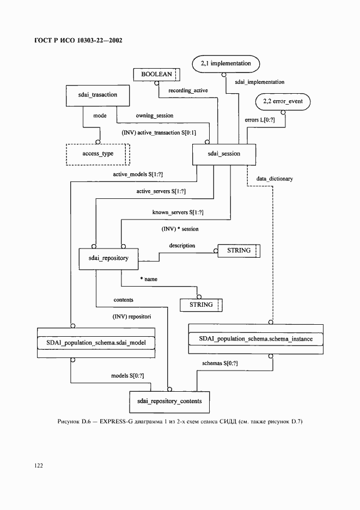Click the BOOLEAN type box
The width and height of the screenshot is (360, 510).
[x=157, y=74]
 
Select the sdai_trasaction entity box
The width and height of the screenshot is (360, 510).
[x=97, y=95]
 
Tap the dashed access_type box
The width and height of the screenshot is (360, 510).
[x=98, y=154]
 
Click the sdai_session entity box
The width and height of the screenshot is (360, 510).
[x=224, y=154]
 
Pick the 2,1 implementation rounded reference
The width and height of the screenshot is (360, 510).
[x=225, y=64]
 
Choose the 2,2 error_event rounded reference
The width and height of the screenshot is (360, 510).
[x=283, y=101]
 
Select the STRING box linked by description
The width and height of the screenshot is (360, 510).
[x=239, y=251]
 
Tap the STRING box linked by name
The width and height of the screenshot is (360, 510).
[x=202, y=305]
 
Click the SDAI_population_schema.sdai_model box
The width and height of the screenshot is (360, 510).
[x=96, y=342]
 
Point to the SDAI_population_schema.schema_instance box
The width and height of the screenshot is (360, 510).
[x=255, y=339]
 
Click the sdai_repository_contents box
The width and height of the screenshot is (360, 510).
[x=169, y=401]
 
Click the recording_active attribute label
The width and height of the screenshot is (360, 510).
[x=188, y=89]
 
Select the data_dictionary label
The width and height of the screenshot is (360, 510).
[x=274, y=179]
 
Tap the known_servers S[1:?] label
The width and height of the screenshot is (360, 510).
[x=181, y=211]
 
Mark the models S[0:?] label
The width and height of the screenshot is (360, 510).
[x=127, y=376]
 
